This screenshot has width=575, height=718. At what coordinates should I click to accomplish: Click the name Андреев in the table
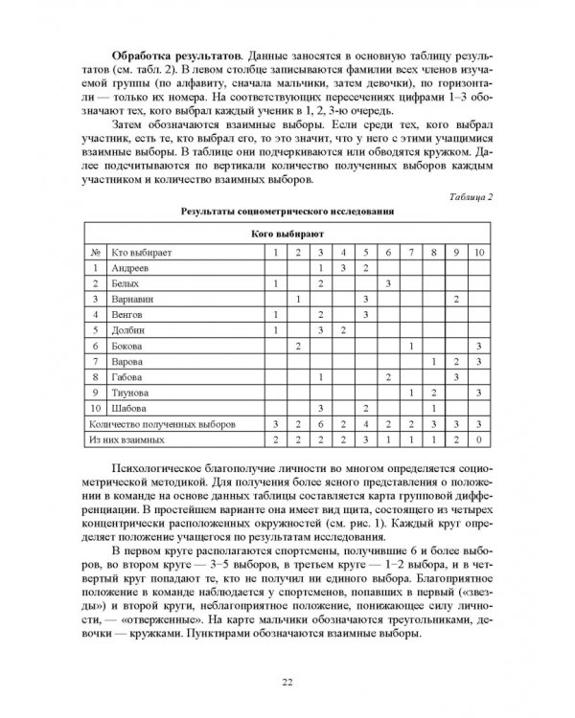coord(132,270)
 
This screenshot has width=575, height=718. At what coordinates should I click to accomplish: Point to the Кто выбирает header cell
coord(144,252)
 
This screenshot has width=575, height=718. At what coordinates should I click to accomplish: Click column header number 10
coord(479,252)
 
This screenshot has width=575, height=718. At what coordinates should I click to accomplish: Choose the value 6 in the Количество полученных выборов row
coord(320,422)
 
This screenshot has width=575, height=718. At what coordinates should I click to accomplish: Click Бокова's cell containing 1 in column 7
coord(411,345)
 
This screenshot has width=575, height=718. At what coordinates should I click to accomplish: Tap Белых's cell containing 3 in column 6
coord(388,284)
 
